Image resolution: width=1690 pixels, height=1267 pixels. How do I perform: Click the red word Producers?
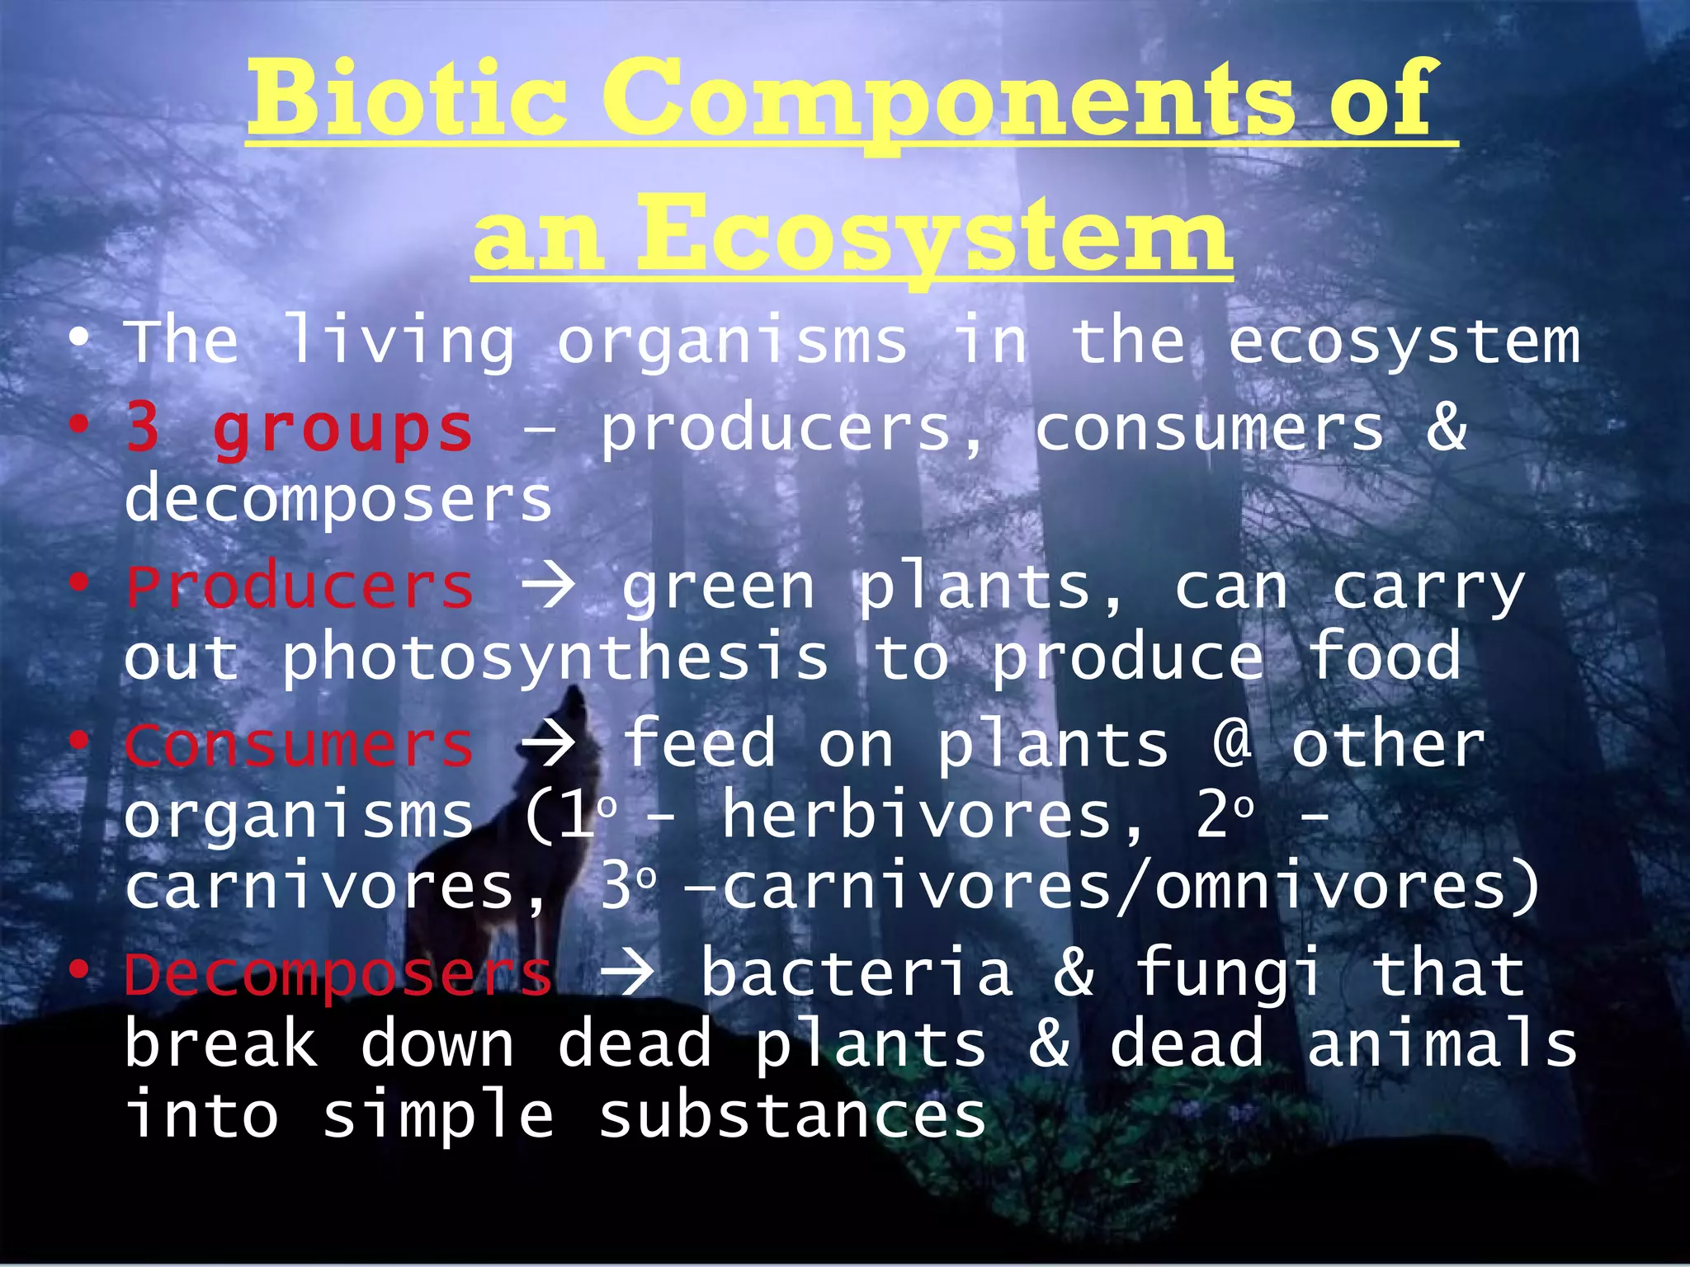pyautogui.click(x=299, y=587)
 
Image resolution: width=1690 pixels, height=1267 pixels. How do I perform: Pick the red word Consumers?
pyautogui.click(x=299, y=745)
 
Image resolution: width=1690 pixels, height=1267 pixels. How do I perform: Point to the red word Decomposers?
pyautogui.click(x=338, y=974)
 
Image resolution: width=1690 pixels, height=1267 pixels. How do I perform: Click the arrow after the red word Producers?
pyautogui.click(x=547, y=587)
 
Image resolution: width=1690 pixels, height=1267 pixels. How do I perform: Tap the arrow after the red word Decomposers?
pyautogui.click(x=627, y=974)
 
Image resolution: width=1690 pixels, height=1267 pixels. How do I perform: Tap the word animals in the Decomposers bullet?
pyautogui.click(x=1442, y=1044)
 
